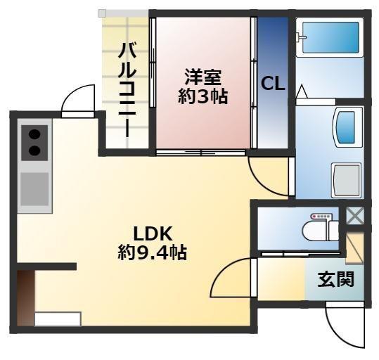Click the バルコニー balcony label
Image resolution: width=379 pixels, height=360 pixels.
(127, 89)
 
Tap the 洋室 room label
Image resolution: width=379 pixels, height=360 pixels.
(203, 76)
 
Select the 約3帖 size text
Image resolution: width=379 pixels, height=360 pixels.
(203, 96)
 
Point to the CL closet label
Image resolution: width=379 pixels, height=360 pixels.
(273, 84)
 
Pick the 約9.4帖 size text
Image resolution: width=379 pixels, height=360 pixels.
(152, 253)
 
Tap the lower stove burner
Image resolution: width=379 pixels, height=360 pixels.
(34, 150)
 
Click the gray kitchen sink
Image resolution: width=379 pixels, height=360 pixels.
(34, 188)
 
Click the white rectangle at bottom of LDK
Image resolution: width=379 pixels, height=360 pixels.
(57, 319)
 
